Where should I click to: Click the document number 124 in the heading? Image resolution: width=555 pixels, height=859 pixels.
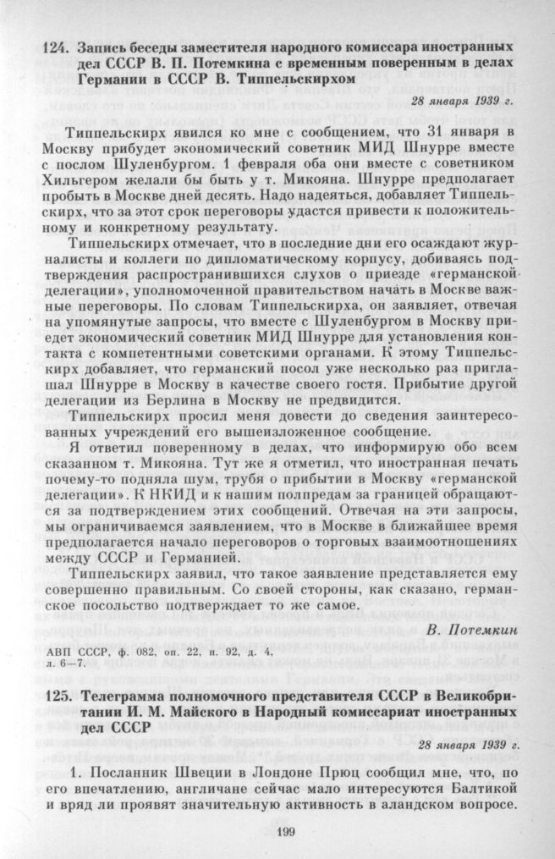pos(56,43)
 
